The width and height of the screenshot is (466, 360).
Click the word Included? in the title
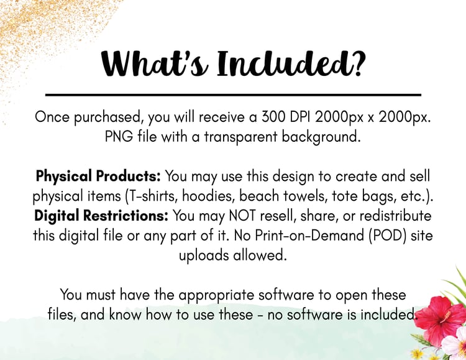(x=290, y=64)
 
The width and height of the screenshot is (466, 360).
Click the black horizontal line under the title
(x=233, y=95)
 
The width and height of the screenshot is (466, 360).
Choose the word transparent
(x=240, y=137)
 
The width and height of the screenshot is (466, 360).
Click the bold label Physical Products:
(x=98, y=177)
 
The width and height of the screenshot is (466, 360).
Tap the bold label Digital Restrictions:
(x=101, y=216)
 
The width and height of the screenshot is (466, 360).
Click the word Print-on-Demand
(x=299, y=236)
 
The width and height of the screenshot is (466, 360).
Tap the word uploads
(x=204, y=256)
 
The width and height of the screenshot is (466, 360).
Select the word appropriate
(x=216, y=295)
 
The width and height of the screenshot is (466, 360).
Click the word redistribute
(x=395, y=216)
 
